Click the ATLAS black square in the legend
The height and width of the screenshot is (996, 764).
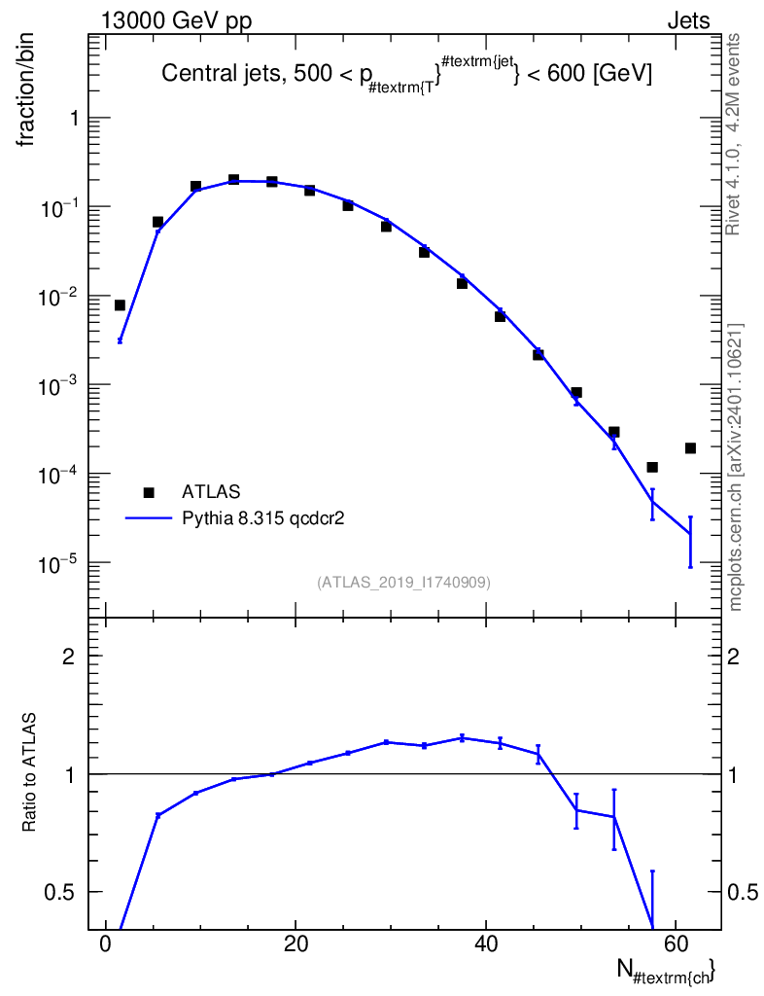click(149, 492)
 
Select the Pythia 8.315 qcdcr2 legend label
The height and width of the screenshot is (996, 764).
click(263, 518)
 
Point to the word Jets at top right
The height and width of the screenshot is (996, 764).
click(688, 21)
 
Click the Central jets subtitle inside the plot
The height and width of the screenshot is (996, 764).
click(406, 74)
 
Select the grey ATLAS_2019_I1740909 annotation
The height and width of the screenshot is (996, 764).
click(403, 583)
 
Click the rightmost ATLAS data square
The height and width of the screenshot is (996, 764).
click(690, 448)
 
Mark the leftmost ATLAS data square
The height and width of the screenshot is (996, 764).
click(120, 305)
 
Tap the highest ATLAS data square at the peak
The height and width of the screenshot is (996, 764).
click(234, 180)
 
